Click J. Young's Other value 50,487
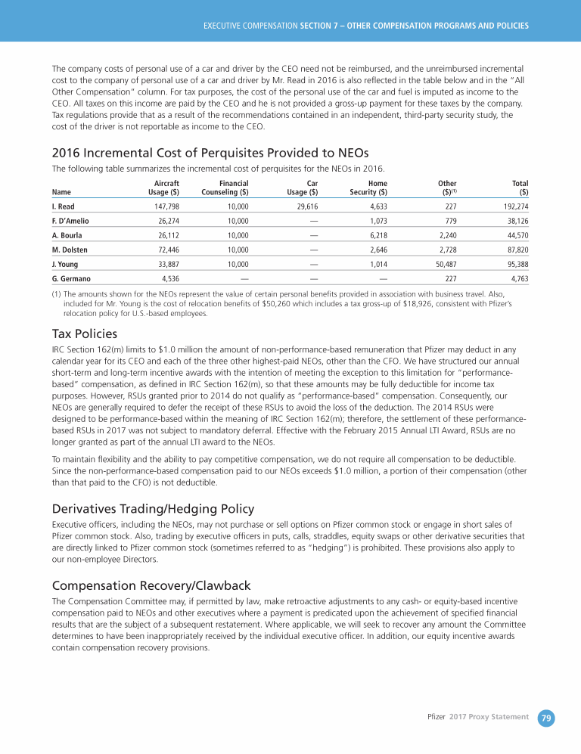(443, 264)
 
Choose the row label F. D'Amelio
(73, 221)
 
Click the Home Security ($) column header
(368, 188)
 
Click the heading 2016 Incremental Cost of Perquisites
(199, 154)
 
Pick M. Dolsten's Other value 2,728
(446, 250)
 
